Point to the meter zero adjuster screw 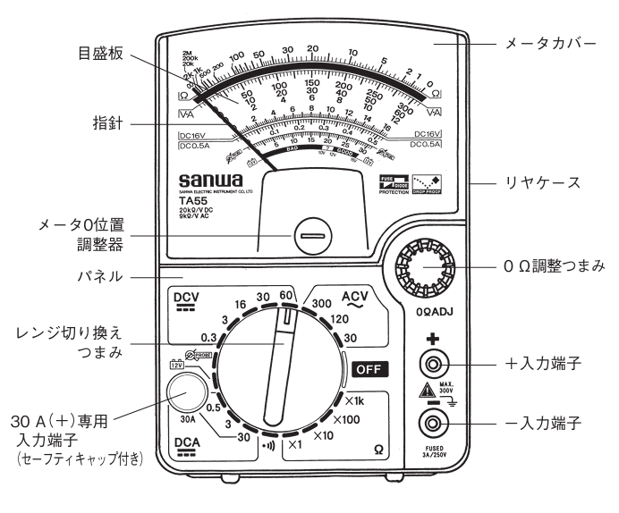[311, 239]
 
